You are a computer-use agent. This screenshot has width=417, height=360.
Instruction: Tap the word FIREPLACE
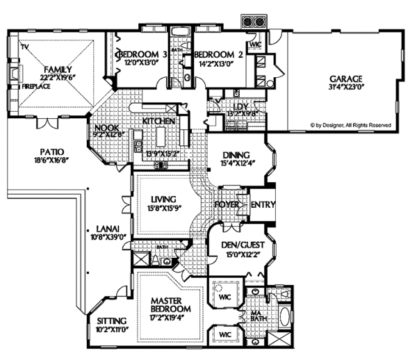pos(33,88)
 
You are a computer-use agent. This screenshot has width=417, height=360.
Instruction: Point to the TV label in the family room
pos(24,47)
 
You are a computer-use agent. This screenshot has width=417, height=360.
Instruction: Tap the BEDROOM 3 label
pos(142,54)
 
